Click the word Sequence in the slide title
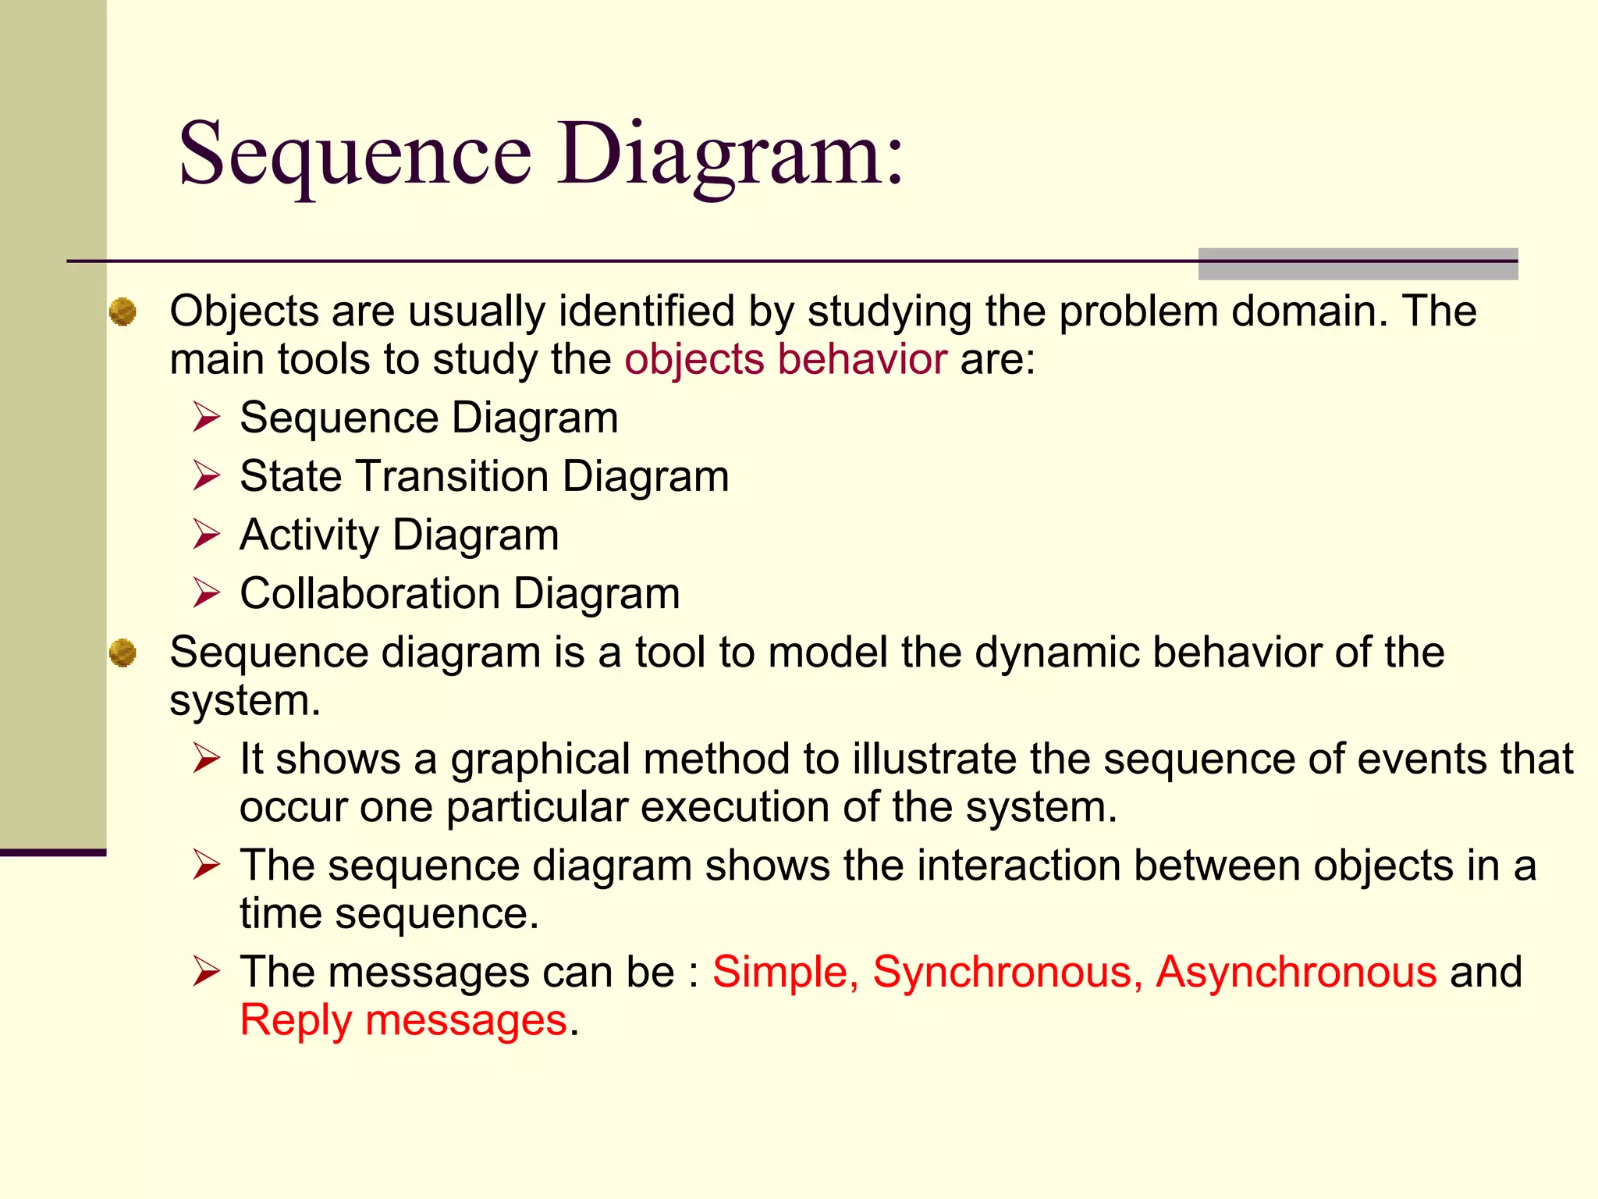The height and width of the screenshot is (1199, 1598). coord(355,154)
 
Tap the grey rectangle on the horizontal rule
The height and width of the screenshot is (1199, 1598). coord(1358,264)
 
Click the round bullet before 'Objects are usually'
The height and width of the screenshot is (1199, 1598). coord(123,312)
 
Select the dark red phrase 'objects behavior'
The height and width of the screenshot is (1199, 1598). coord(786,360)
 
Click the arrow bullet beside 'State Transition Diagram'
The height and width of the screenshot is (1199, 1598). coord(207,475)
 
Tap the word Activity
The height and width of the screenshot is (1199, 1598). coord(309,535)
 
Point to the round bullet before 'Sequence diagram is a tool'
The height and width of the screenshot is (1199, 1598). coord(123,653)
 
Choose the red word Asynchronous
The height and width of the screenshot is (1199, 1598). coord(1296,973)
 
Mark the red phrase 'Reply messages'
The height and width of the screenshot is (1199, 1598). coord(403,1020)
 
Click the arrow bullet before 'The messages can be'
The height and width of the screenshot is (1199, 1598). coord(207,972)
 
